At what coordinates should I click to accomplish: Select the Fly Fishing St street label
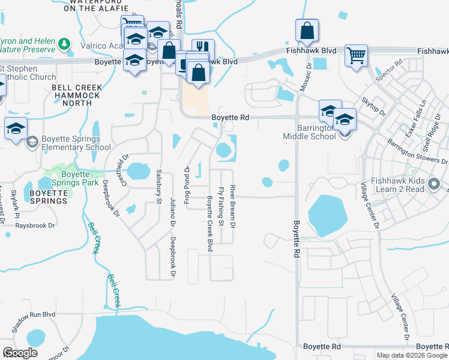tap(221, 207)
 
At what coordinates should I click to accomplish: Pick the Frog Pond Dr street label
tap(187, 185)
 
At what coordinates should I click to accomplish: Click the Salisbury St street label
tap(160, 187)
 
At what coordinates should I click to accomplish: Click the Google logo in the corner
tap(20, 353)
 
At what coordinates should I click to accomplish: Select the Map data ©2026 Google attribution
tap(412, 355)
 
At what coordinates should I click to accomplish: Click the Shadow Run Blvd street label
tap(34, 322)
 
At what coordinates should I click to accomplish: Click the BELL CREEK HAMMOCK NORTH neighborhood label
tap(76, 95)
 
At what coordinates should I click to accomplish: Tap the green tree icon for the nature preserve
tap(64, 44)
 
